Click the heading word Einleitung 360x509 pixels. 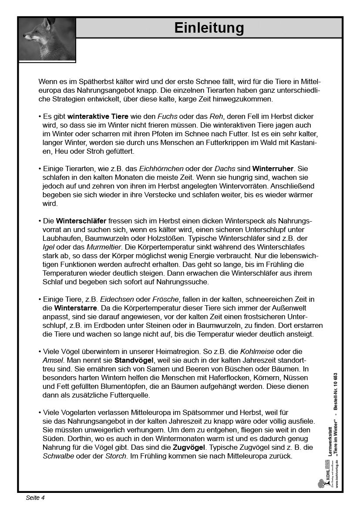(x=209, y=28)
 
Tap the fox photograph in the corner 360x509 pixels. (x=47, y=39)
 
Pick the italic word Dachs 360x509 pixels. (x=224, y=169)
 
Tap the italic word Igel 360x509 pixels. (x=49, y=247)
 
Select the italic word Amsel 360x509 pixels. (x=52, y=360)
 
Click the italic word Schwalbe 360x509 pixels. (x=58, y=456)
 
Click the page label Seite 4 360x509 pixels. (x=35, y=498)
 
